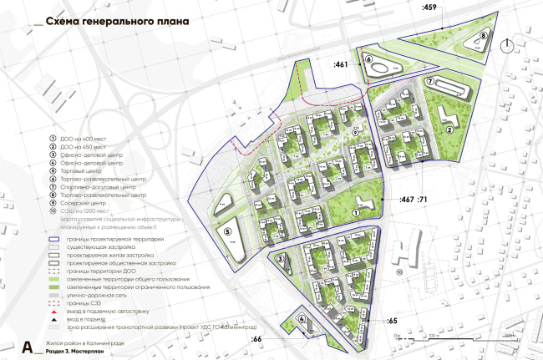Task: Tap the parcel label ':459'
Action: [x=430, y=8]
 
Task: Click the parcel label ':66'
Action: [x=257, y=339]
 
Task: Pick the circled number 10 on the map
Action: [x=399, y=272]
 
